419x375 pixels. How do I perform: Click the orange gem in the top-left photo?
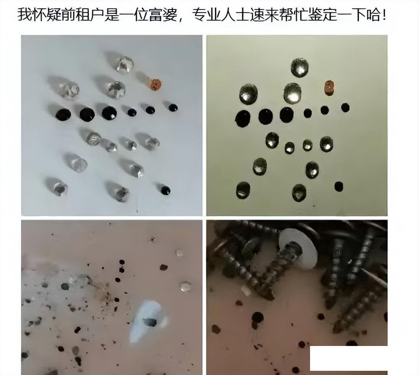tap(155, 85)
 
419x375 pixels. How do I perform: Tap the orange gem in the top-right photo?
tap(329, 88)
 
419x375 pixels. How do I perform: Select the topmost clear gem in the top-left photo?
tap(125, 64)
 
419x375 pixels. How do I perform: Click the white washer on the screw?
tap(298, 248)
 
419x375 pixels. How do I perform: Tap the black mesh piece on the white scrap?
tap(149, 322)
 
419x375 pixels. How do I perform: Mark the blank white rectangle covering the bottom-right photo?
tap(349, 358)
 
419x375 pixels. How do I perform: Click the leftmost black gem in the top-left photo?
tap(63, 114)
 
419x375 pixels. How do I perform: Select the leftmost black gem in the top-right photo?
tap(243, 118)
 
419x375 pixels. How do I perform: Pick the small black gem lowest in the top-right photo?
tap(339, 186)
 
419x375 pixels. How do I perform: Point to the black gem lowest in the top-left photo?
tap(165, 190)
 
